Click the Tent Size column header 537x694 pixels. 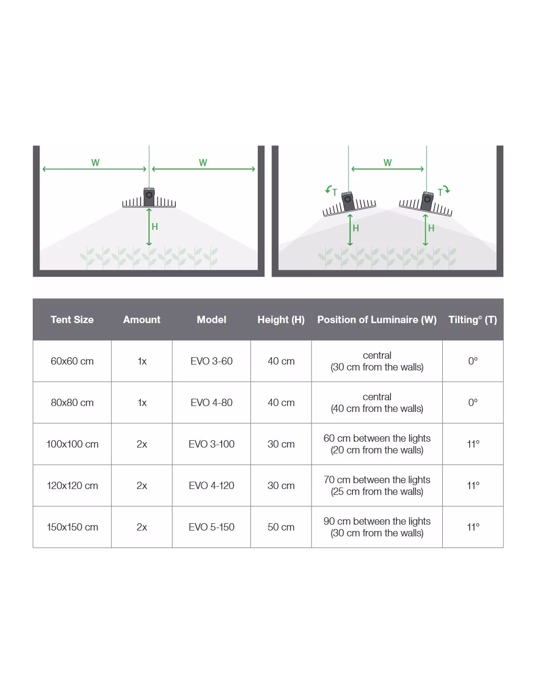click(x=72, y=319)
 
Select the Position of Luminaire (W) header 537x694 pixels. click(x=377, y=319)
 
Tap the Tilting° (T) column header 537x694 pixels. click(x=473, y=319)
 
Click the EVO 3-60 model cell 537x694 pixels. click(x=211, y=361)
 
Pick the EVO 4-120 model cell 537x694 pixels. click(x=211, y=486)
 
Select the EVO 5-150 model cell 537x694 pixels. click(x=211, y=527)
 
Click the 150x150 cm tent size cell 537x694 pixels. click(x=72, y=527)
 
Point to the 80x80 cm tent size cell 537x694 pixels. click(x=72, y=403)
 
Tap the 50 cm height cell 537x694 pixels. click(x=281, y=527)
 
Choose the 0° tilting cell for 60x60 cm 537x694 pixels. click(x=473, y=361)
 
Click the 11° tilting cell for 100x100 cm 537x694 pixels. click(x=473, y=444)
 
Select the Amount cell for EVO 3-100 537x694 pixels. click(x=142, y=444)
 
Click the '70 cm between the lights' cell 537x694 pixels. click(x=377, y=486)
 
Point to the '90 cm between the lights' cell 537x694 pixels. click(x=377, y=527)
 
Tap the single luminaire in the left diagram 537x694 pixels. click(x=149, y=198)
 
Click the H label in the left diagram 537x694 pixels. click(x=155, y=226)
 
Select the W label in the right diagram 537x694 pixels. click(x=387, y=163)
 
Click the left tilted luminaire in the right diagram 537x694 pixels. click(x=349, y=204)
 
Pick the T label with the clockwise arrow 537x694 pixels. click(x=443, y=191)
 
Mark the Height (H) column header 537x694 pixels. click(x=281, y=319)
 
